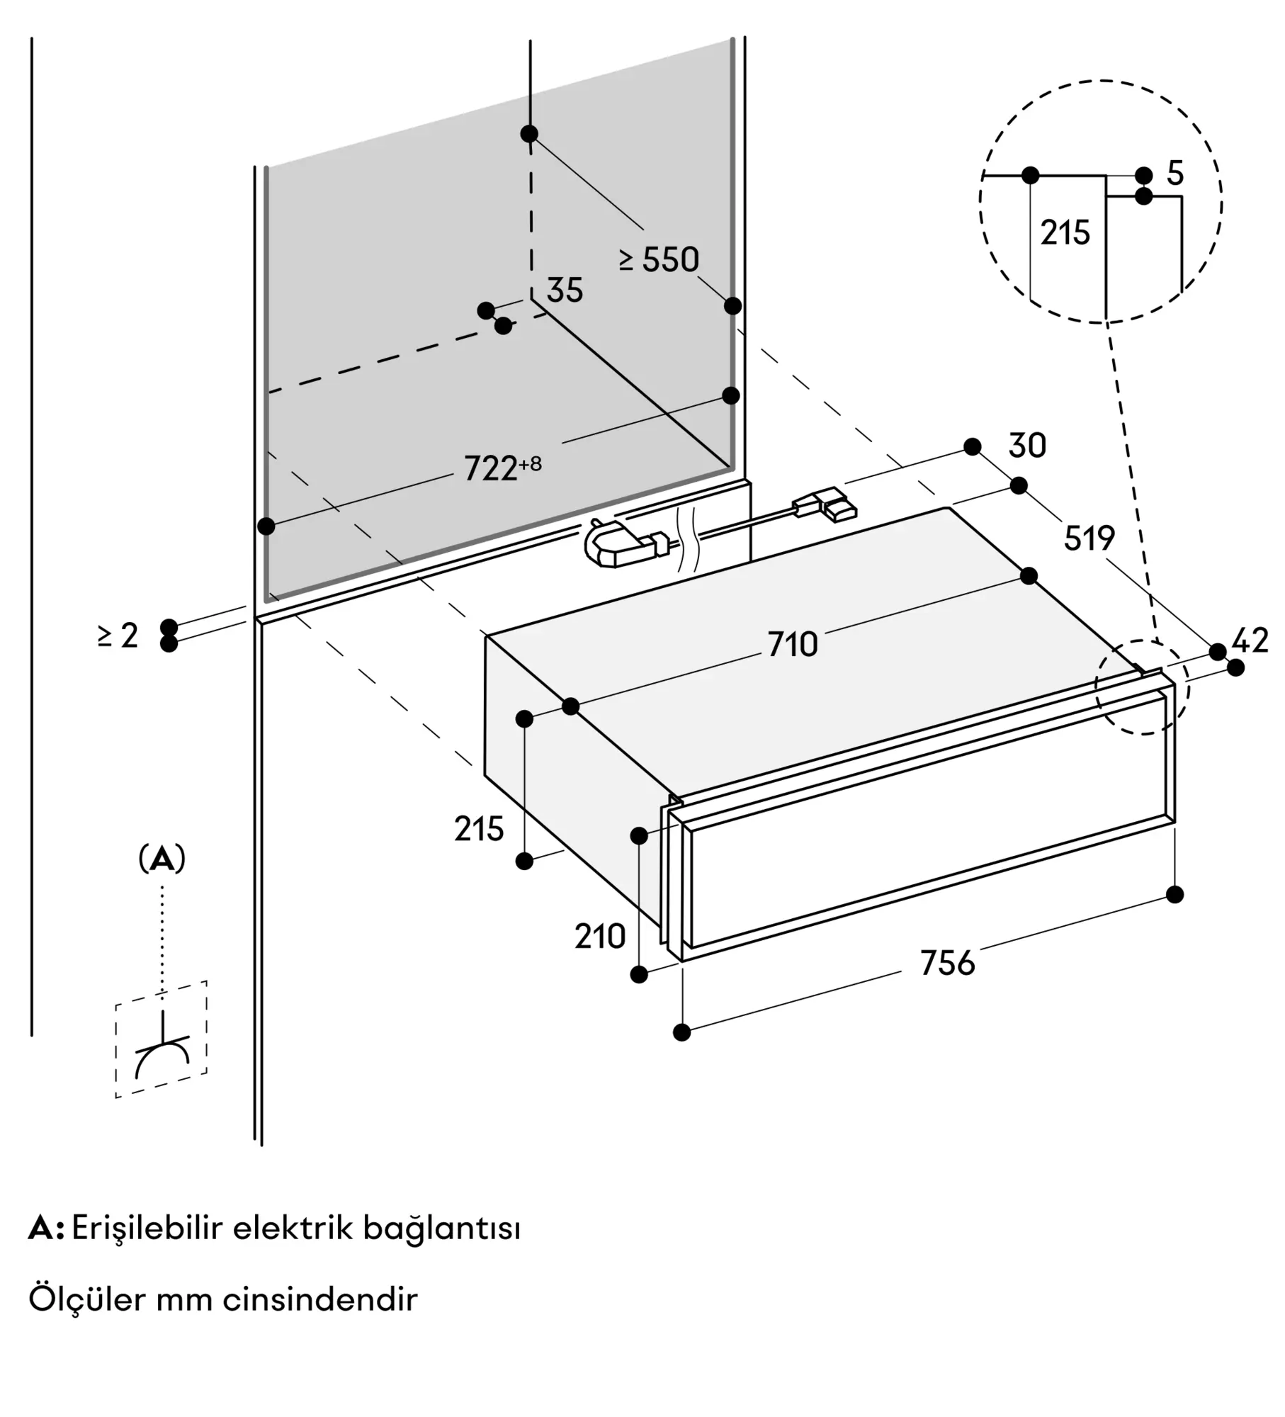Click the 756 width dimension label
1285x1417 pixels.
(x=947, y=964)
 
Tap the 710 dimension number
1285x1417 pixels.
(x=793, y=645)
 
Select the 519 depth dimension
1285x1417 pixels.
(x=1089, y=539)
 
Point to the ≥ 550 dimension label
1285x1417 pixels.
(x=660, y=260)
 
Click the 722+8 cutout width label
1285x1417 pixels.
(x=502, y=468)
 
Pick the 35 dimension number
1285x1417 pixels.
(x=565, y=290)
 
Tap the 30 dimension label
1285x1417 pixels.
(x=1027, y=446)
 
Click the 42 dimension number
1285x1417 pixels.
(x=1250, y=641)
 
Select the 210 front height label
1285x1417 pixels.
(x=600, y=937)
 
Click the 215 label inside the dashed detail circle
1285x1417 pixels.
(x=1065, y=232)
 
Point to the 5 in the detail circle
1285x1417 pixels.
(x=1175, y=174)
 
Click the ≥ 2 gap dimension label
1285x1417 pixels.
(x=118, y=636)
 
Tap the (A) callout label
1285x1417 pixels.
(x=162, y=859)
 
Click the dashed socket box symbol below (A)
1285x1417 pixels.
(x=162, y=1039)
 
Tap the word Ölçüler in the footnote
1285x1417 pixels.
(x=86, y=1299)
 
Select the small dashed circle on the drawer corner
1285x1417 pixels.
(x=1142, y=687)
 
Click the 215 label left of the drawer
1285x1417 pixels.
(x=479, y=829)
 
